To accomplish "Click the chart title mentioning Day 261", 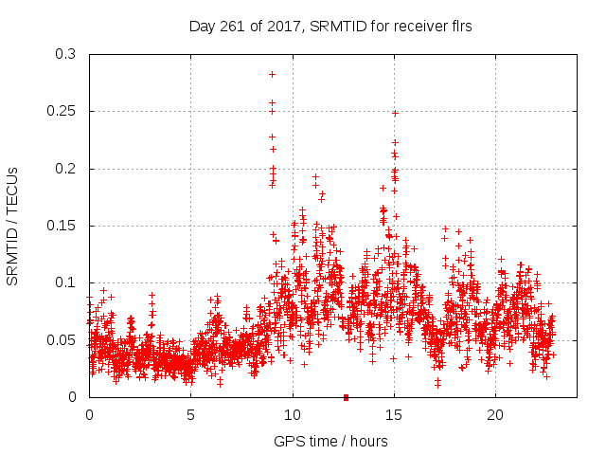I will click(x=330, y=27).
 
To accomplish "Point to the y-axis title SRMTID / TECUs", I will click(x=12, y=226).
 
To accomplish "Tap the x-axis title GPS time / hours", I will click(x=330, y=441).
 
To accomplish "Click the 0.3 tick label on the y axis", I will click(x=65, y=55).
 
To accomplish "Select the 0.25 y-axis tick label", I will click(x=62, y=112).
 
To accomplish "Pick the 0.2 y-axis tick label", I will click(x=65, y=169).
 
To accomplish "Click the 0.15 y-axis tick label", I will click(x=62, y=226).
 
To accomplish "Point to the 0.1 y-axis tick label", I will click(x=65, y=282).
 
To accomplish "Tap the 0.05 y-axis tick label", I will click(x=62, y=339).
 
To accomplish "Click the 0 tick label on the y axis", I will click(x=73, y=397).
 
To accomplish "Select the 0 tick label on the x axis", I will click(x=89, y=415).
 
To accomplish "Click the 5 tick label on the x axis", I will click(x=190, y=415).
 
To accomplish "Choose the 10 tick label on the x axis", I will click(x=293, y=415).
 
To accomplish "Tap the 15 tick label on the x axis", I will click(x=394, y=415).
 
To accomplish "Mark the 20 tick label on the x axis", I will click(x=495, y=415).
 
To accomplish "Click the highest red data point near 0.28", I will click(x=272, y=74).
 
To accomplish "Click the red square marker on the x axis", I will click(x=346, y=397).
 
